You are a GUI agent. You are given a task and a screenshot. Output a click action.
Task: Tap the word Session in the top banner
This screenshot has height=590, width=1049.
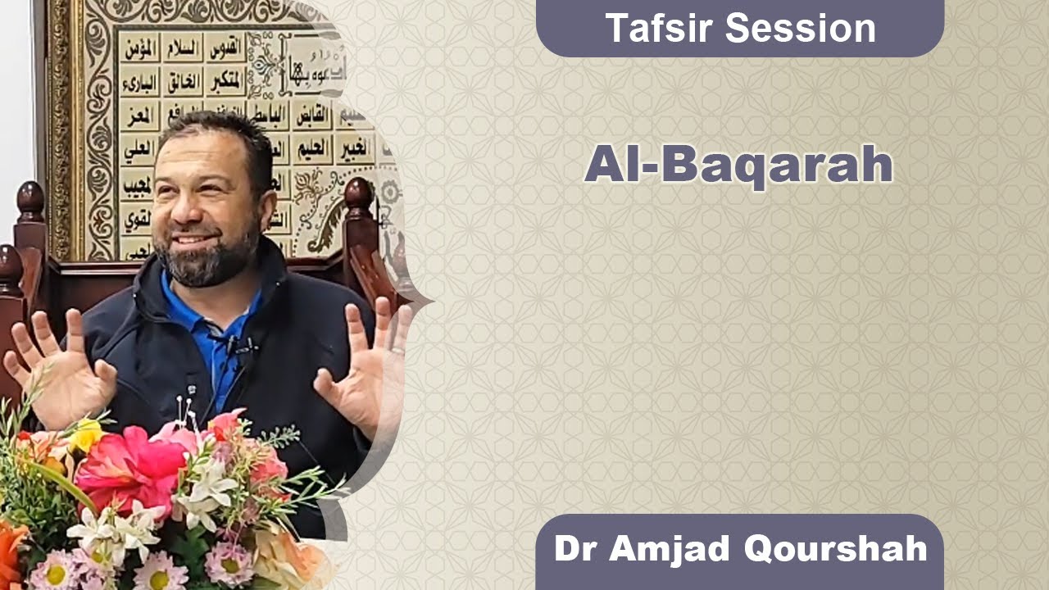[x=800, y=29]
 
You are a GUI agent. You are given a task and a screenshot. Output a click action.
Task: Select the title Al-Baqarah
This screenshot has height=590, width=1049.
[x=738, y=165]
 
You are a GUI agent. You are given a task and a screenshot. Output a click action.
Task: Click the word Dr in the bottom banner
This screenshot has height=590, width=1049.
[x=573, y=548]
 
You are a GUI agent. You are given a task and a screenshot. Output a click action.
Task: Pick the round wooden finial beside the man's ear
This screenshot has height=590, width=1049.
[x=358, y=195]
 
